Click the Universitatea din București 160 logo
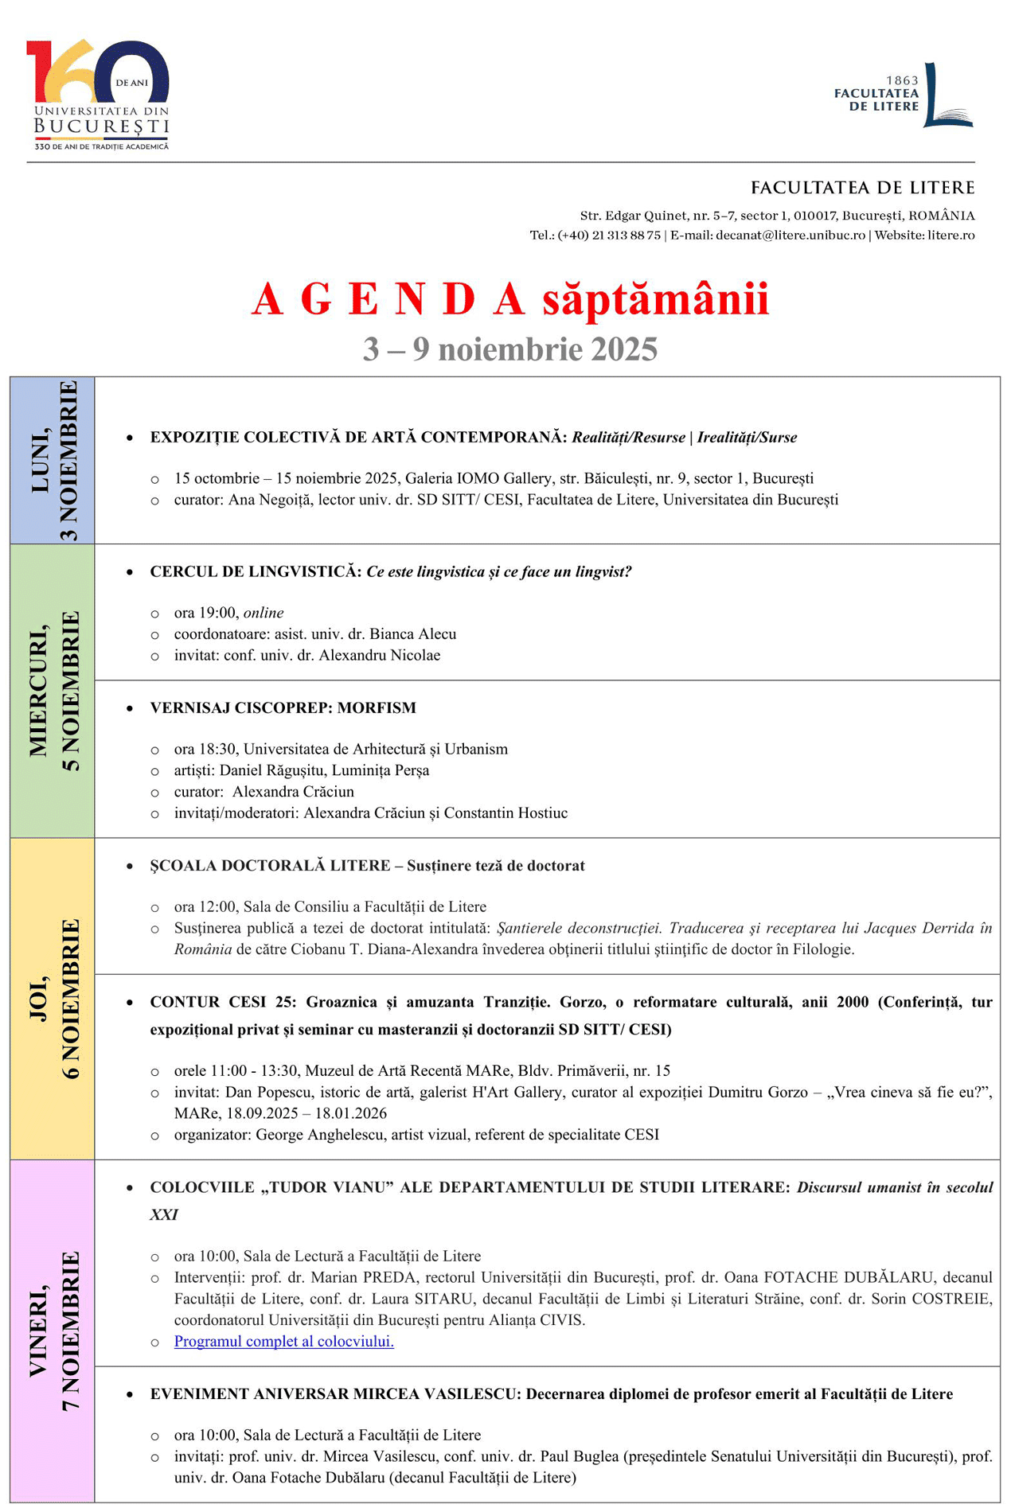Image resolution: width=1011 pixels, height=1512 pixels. (99, 94)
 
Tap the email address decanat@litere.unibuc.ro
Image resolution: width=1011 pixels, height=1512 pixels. (790, 236)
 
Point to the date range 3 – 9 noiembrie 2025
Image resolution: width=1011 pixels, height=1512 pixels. (510, 349)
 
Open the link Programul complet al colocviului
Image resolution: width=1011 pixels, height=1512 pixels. (284, 1342)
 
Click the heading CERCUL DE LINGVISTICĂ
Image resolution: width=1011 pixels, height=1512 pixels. (256, 572)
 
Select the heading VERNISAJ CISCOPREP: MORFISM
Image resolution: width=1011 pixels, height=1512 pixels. (283, 708)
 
